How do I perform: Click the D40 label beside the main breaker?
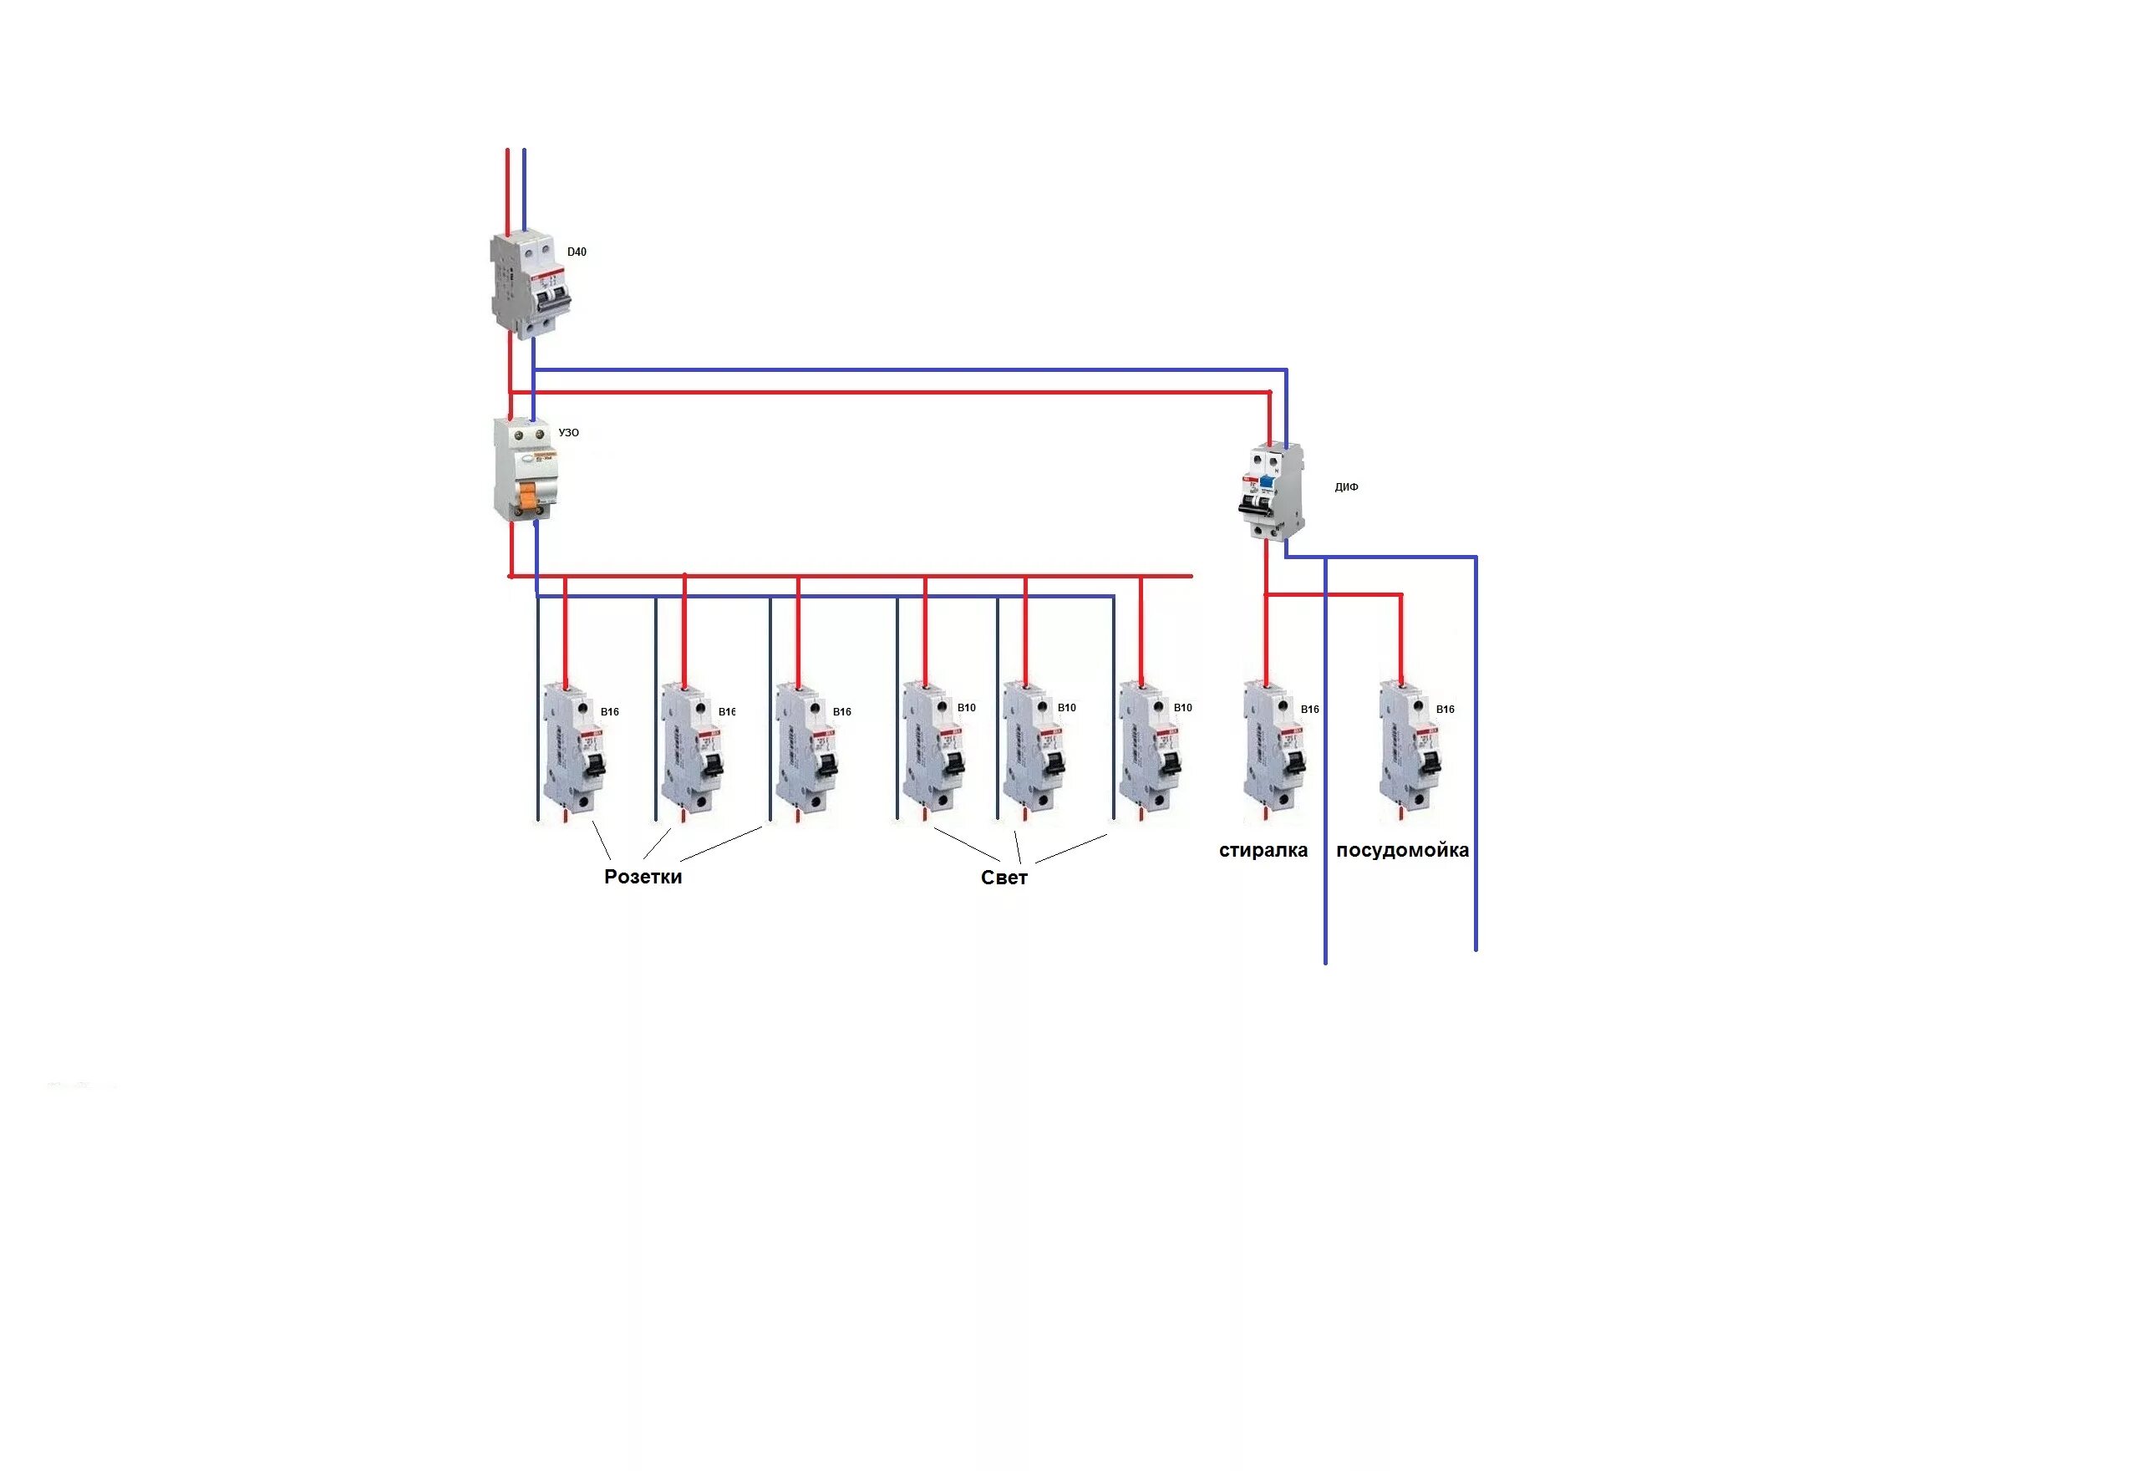point(576,252)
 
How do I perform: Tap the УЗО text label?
point(568,432)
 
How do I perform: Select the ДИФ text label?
point(1346,486)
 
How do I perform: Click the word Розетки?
point(643,877)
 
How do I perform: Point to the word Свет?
point(1004,878)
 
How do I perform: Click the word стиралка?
point(1263,851)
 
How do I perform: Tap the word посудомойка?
point(1402,851)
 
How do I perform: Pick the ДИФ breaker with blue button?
point(1272,491)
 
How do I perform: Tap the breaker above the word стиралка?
point(1274,751)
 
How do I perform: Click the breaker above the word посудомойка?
point(1410,751)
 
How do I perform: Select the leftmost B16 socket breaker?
point(572,751)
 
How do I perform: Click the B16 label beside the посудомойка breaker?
point(1445,710)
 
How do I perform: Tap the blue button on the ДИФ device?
point(1268,486)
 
